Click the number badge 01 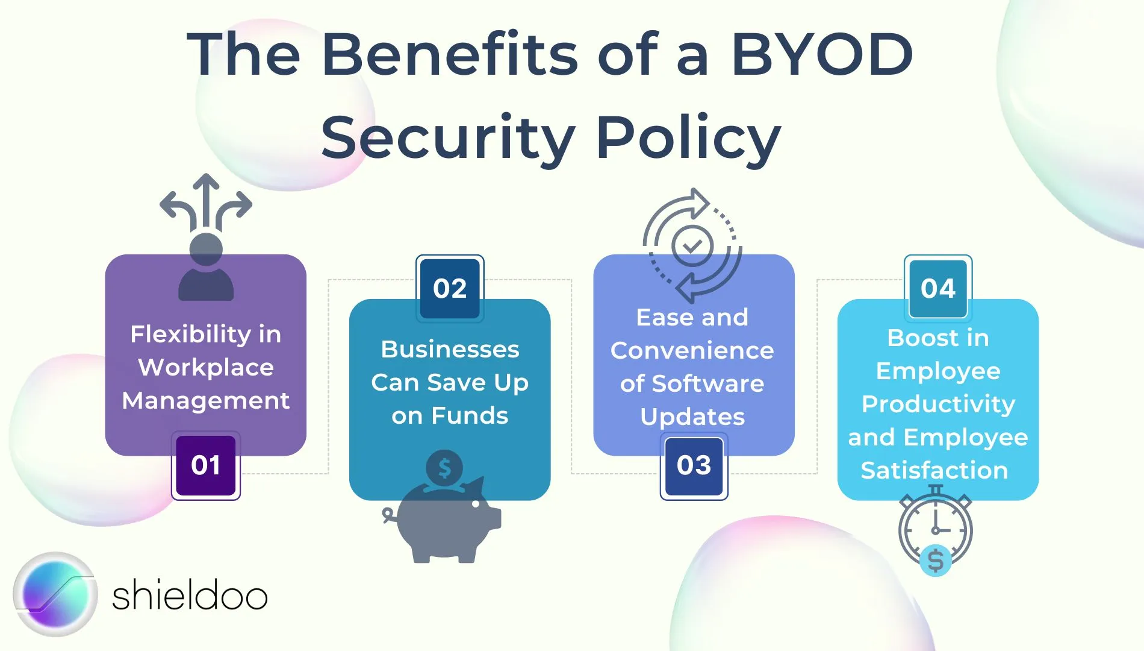click(206, 465)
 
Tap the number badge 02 click(450, 288)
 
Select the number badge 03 click(694, 465)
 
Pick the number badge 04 click(938, 288)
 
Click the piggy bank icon click(443, 520)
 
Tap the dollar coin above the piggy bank click(444, 468)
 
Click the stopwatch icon click(935, 529)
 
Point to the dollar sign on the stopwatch click(936, 561)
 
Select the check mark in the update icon click(692, 246)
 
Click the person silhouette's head click(206, 249)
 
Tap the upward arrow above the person click(207, 202)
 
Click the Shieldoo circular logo click(55, 594)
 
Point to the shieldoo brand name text click(190, 595)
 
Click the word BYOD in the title click(822, 55)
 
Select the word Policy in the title click(689, 139)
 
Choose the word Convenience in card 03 click(692, 350)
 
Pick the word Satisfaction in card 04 click(934, 470)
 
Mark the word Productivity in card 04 click(938, 404)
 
